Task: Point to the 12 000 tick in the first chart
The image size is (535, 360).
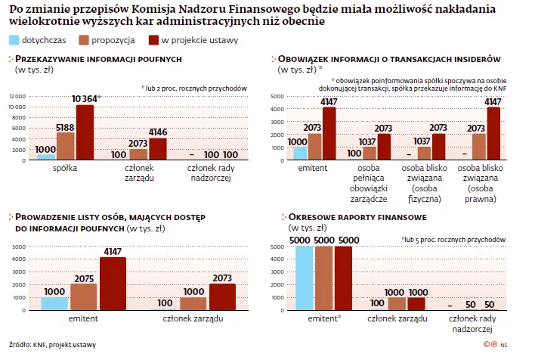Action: point(17,96)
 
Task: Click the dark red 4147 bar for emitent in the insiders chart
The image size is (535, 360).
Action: point(329,133)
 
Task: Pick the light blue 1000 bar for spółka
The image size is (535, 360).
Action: point(46,156)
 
